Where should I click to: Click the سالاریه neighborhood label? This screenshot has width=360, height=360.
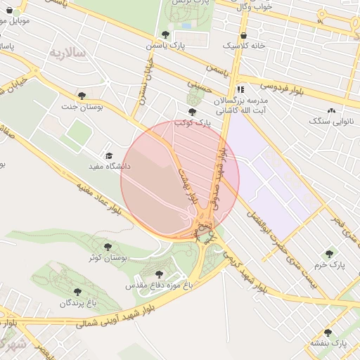click(x=67, y=53)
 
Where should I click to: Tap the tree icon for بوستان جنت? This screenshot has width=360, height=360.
click(x=82, y=96)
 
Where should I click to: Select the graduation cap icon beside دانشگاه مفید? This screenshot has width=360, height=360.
click(x=108, y=155)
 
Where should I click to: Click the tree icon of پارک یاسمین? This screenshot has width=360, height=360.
click(x=165, y=34)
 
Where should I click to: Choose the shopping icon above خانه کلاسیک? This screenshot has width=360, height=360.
click(x=243, y=34)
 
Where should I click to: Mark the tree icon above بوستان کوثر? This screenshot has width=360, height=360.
click(x=108, y=247)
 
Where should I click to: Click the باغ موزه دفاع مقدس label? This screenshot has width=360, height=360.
click(x=159, y=286)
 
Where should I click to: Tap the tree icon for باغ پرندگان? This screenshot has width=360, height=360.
click(x=77, y=292)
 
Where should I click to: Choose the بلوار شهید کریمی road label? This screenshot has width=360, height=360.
click(x=245, y=271)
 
